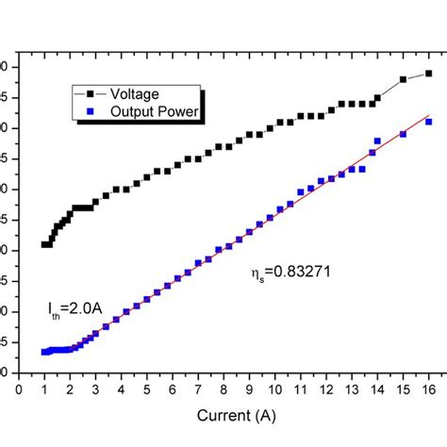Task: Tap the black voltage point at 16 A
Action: click(x=429, y=73)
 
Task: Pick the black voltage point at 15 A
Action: click(x=404, y=79)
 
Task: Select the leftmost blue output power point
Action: click(x=44, y=352)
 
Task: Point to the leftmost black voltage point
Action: click(x=44, y=244)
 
